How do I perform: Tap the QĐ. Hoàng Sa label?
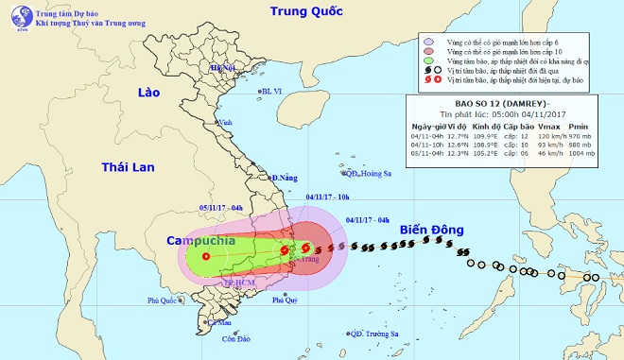(x=369, y=173)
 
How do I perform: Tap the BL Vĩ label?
(x=272, y=91)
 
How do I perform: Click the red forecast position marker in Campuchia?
(x=206, y=255)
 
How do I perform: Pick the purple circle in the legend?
(x=427, y=42)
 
